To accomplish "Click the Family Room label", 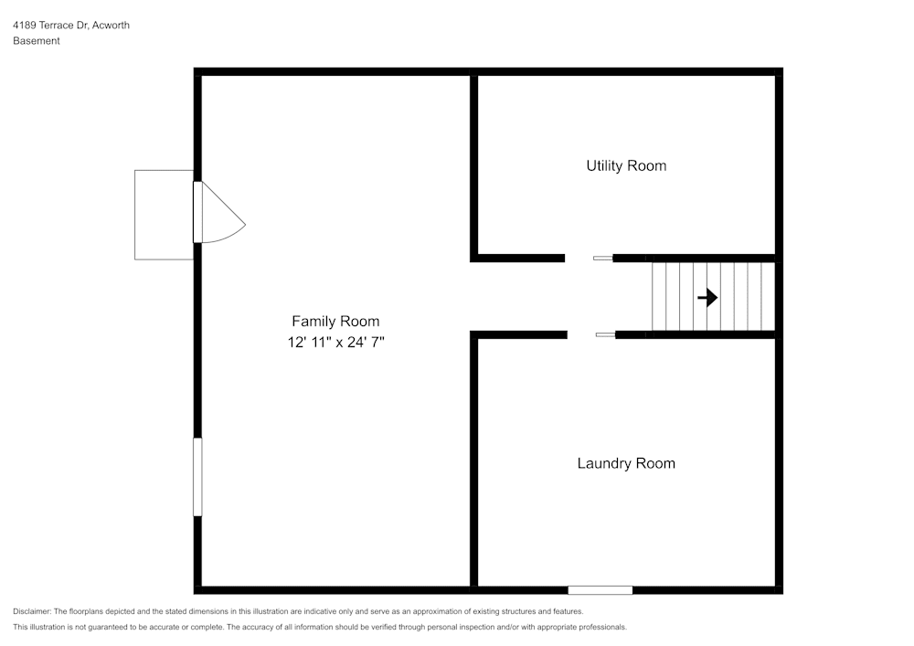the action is tap(335, 321).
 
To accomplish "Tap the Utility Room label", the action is tap(626, 166).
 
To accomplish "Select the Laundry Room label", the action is tap(626, 463).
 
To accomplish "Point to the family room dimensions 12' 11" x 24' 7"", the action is tap(335, 342).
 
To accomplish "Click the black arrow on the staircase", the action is tap(707, 298).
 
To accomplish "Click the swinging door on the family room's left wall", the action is tap(218, 212).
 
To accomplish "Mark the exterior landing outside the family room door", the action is tap(164, 215).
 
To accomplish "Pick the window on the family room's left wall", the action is tap(197, 477).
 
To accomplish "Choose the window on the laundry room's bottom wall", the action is tap(600, 590).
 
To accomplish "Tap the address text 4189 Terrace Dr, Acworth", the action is tap(71, 25).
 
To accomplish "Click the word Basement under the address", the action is tap(37, 41).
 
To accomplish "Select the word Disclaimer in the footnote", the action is tap(32, 611).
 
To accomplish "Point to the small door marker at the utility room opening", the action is tap(602, 258).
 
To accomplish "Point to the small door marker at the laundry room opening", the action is tap(605, 334).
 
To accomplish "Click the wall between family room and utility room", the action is tap(473, 165).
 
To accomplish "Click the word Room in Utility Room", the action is tap(647, 166).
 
